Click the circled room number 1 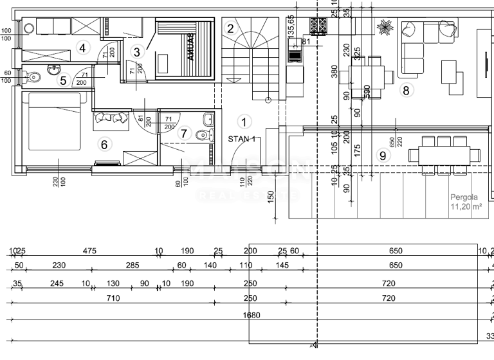pyautogui.click(x=243, y=121)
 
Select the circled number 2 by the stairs pyautogui.click(x=230, y=28)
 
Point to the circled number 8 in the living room pyautogui.click(x=405, y=90)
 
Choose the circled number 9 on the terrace pyautogui.click(x=383, y=154)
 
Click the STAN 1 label pyautogui.click(x=242, y=138)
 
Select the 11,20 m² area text pyautogui.click(x=467, y=207)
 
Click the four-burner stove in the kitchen pyautogui.click(x=318, y=26)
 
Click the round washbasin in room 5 pyautogui.click(x=54, y=69)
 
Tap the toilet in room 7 pyautogui.click(x=204, y=134)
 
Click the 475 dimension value pyautogui.click(x=89, y=251)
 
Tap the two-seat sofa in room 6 pyautogui.click(x=111, y=118)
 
